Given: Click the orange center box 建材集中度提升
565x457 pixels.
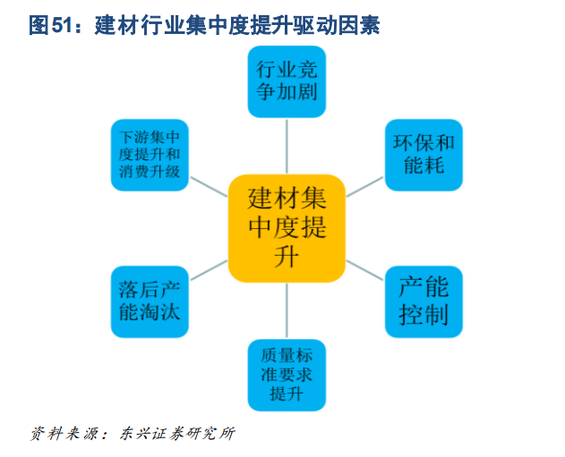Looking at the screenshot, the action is pos(287,229).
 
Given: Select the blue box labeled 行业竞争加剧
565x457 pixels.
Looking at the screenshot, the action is pos(287,81).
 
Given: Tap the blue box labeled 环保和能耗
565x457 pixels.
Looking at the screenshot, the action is pos(424,155).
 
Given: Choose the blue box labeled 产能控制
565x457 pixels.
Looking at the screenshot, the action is pos(424,302).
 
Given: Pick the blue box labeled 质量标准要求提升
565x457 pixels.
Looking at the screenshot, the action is pos(287,376).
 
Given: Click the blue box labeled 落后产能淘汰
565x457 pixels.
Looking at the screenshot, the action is pos(150,302).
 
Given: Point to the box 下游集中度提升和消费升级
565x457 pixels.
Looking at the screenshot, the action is pos(150,155).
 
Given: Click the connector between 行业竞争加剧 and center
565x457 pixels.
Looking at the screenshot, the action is pos(287,147).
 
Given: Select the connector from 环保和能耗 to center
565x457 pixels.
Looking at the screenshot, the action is pos(364,187).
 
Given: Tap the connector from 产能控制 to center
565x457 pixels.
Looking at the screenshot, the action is pos(364,270).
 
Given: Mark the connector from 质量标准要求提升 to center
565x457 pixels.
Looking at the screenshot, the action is pos(287,311).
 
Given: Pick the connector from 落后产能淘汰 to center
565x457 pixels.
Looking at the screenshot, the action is pos(209,270).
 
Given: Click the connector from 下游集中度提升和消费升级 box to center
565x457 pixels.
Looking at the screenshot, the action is pos(209,187).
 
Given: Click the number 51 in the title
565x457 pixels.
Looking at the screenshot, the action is pos(63,25).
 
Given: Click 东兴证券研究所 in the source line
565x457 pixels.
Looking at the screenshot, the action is pos(177,433).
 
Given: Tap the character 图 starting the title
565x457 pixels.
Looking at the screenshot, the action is pos(39,25).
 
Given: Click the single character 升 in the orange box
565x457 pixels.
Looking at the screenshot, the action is pos(287,257).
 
